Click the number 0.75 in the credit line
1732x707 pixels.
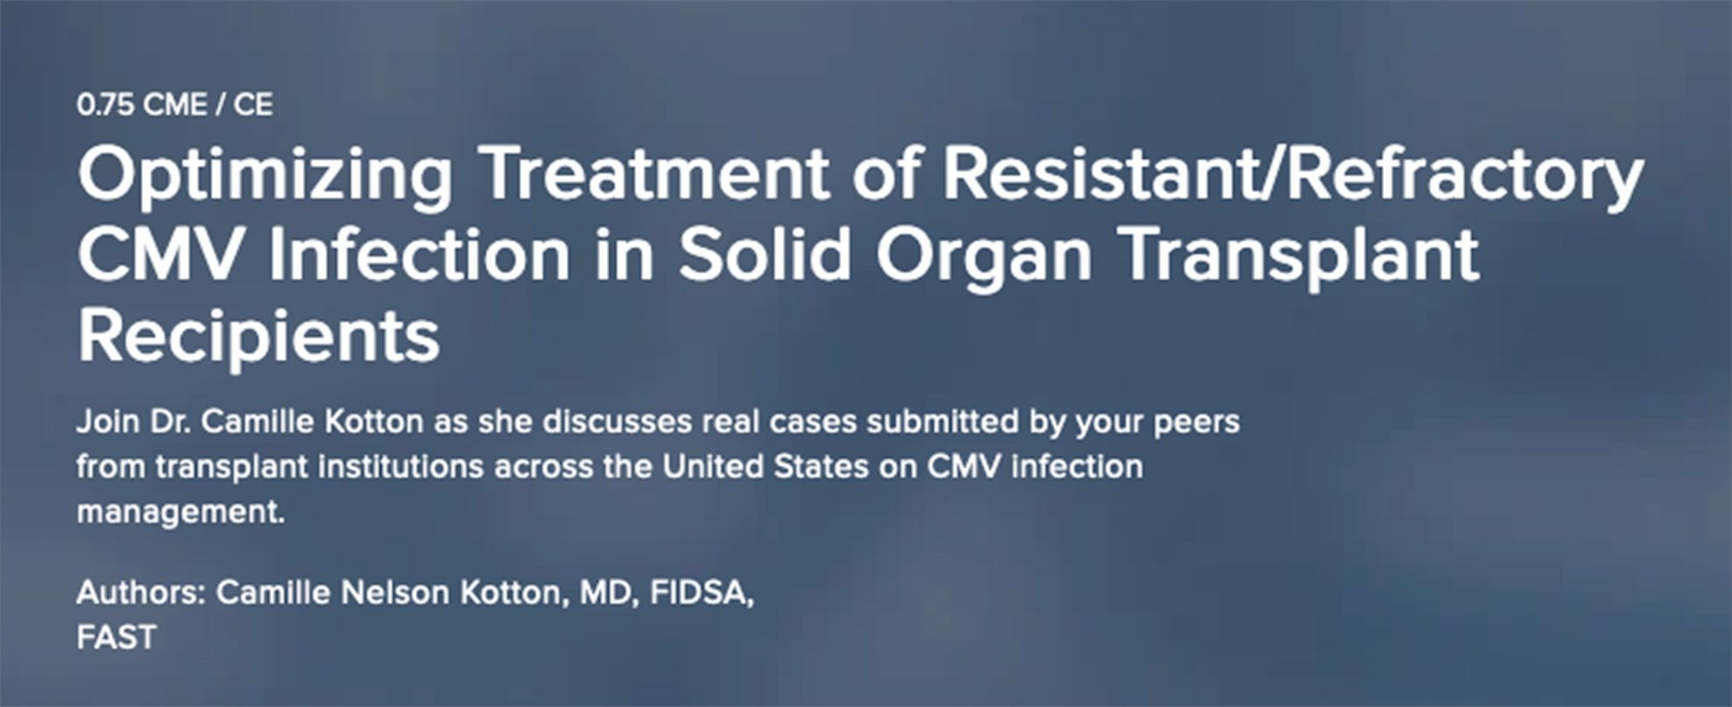coord(105,105)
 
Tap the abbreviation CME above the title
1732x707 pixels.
coord(175,105)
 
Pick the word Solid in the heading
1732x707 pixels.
coord(765,255)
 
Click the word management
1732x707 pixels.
coord(181,513)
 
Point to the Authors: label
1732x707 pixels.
coord(141,592)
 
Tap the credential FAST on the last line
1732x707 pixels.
coord(116,638)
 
